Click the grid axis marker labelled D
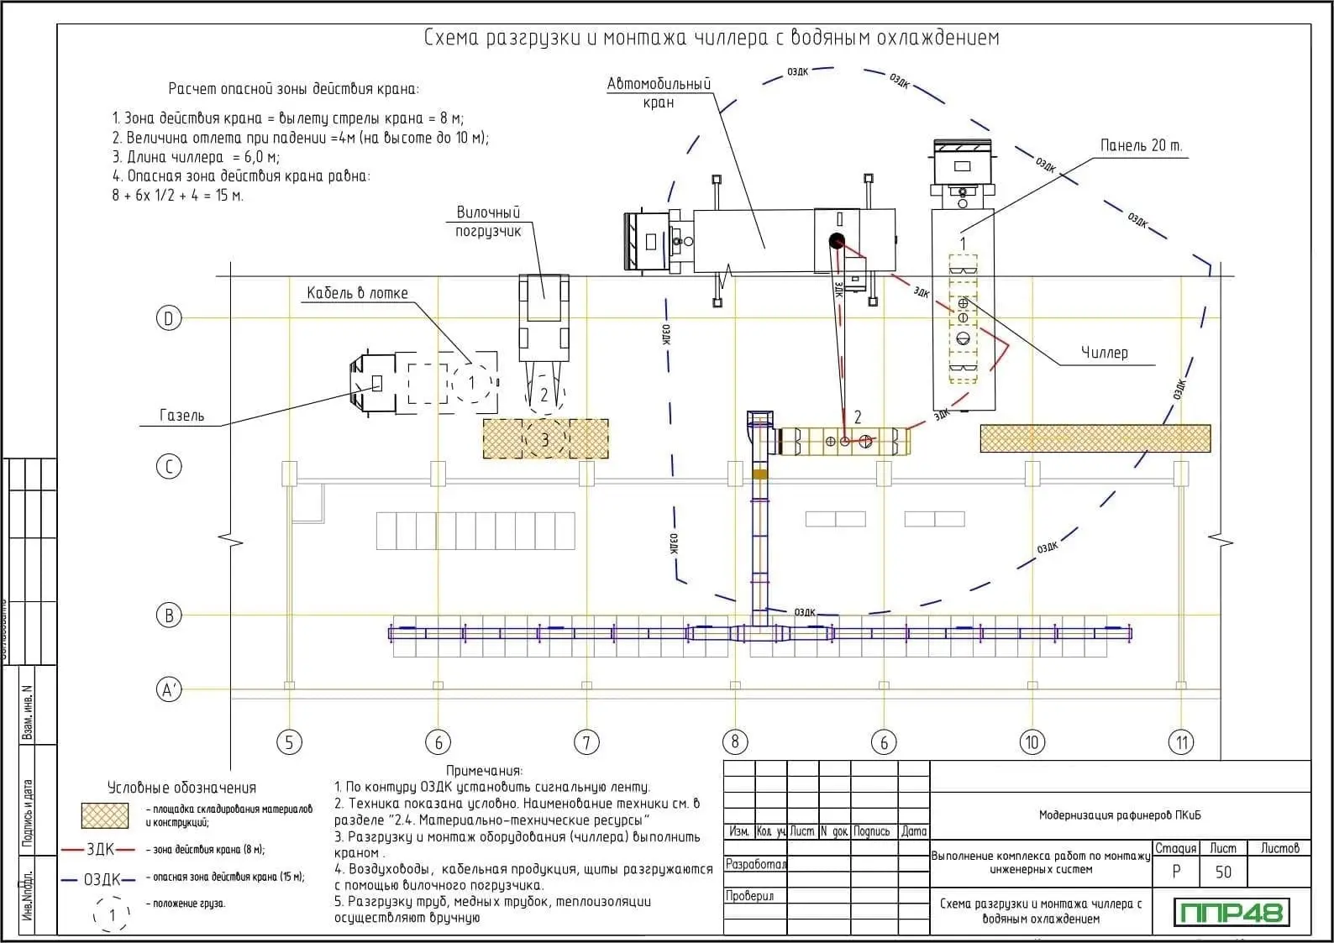(169, 318)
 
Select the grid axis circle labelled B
(169, 615)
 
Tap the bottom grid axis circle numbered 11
(1181, 741)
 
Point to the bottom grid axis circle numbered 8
(735, 741)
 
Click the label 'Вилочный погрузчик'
(488, 222)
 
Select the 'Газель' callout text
(181, 416)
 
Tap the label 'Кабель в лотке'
(357, 293)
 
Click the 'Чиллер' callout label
(1104, 353)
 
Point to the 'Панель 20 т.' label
(1141, 146)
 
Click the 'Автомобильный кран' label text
(659, 93)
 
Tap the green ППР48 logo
(1232, 911)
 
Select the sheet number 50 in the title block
(1222, 872)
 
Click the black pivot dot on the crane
(836, 241)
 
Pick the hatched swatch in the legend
(105, 815)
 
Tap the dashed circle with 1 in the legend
(112, 914)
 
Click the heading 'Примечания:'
(484, 770)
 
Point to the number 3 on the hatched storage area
(545, 439)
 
